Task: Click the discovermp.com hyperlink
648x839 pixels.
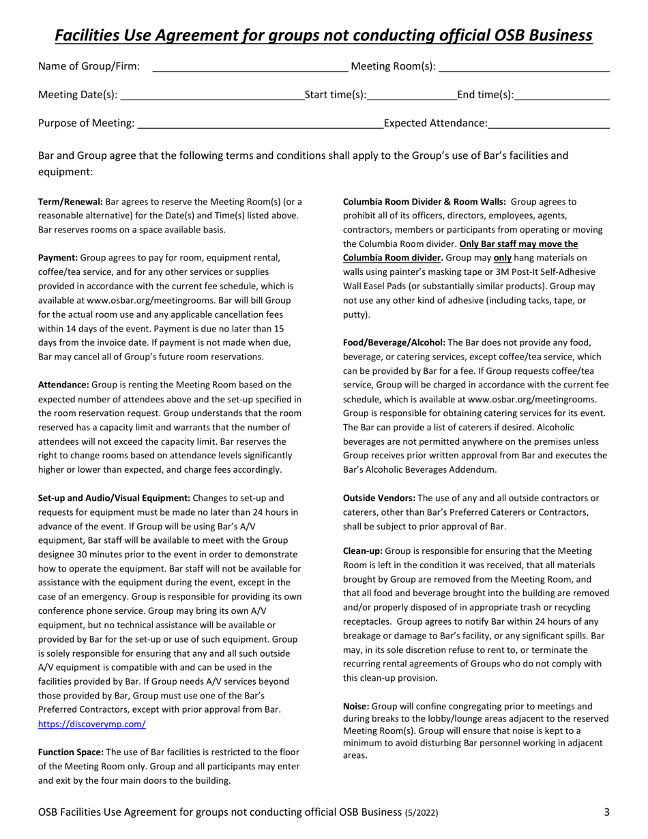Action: [x=91, y=724]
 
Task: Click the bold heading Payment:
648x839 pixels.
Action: [x=58, y=259]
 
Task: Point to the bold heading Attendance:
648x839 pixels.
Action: [x=63, y=385]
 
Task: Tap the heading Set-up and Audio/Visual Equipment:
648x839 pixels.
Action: [x=114, y=498]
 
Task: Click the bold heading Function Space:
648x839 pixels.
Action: [x=71, y=752]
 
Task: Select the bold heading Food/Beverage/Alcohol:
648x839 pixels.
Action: [x=394, y=342]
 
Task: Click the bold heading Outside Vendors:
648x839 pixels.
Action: [x=379, y=498]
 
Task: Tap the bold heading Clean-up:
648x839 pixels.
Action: [x=364, y=550]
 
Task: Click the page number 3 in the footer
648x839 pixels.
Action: [x=606, y=812]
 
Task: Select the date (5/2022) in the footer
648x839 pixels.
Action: [x=422, y=812]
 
